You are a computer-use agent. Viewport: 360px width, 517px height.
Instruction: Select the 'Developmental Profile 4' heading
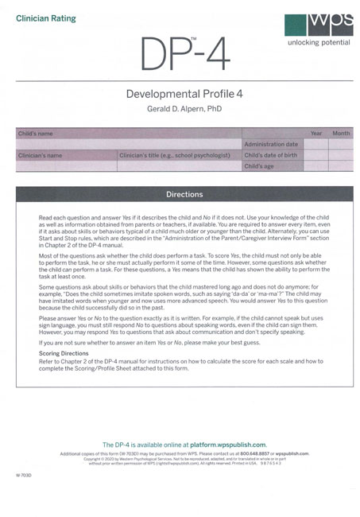click(179, 94)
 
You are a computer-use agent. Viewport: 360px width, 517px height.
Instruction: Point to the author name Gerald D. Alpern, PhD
click(180, 107)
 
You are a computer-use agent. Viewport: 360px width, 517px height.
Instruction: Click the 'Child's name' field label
click(36, 134)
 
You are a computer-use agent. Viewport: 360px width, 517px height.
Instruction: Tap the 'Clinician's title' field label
click(174, 155)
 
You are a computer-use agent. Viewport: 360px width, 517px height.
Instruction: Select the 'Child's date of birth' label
click(271, 155)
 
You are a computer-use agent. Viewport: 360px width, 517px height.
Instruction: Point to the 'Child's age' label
click(259, 166)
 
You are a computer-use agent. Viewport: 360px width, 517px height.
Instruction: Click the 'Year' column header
click(315, 134)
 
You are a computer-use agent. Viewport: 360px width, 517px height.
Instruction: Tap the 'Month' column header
click(341, 134)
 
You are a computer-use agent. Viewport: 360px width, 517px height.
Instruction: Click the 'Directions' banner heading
click(184, 194)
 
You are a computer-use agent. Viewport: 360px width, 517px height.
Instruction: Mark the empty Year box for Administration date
click(315, 144)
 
